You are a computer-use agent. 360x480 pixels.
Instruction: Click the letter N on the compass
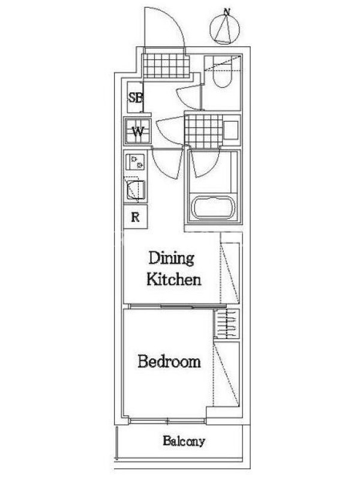click(227, 12)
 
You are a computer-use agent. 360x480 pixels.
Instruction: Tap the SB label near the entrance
click(135, 98)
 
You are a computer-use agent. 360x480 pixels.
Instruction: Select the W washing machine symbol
click(137, 131)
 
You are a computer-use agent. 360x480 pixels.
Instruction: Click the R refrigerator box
click(136, 217)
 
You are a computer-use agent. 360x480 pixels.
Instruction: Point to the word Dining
click(172, 258)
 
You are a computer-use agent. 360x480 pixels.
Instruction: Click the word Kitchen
click(174, 279)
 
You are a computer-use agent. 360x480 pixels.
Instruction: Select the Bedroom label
click(169, 362)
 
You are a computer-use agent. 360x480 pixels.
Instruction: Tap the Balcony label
click(184, 441)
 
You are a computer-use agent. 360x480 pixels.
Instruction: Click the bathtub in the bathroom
click(214, 208)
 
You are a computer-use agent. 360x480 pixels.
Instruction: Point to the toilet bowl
click(223, 76)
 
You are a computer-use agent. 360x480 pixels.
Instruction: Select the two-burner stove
click(135, 162)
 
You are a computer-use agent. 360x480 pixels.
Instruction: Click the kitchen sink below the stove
click(134, 190)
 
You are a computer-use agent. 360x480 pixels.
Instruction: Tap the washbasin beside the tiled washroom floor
click(231, 130)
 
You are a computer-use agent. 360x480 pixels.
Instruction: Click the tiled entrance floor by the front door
click(166, 66)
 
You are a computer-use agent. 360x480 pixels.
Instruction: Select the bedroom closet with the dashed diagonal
click(227, 374)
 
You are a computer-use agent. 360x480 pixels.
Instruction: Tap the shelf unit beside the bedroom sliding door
click(227, 324)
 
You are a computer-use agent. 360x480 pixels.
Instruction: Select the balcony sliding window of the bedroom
click(167, 421)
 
